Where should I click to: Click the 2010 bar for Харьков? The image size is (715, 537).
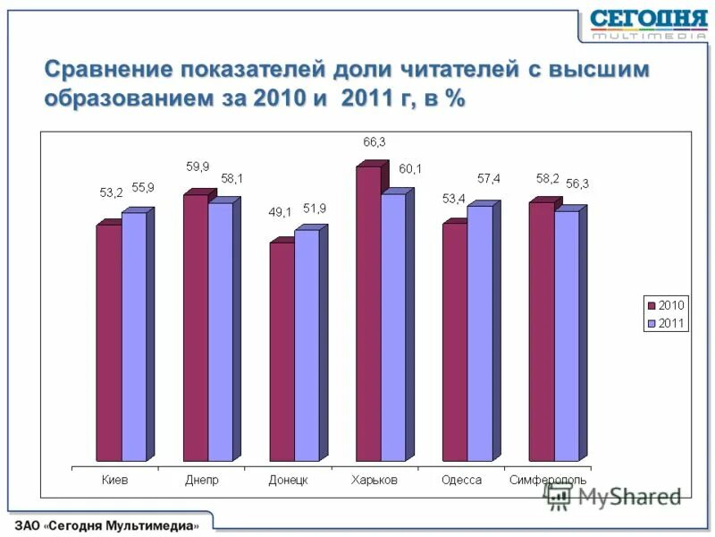coord(368,313)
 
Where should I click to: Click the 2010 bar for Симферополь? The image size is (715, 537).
coord(541,331)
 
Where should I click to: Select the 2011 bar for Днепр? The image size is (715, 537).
coord(220,331)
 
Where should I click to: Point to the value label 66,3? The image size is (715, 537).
coord(374,141)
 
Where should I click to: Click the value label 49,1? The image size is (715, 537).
coord(281,212)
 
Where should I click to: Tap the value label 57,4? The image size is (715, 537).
coord(488,179)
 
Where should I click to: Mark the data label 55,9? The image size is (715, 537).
coord(143,187)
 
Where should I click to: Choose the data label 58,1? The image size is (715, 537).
coord(230,179)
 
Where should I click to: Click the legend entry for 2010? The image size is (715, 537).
coord(666,305)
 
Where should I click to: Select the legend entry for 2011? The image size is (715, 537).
coord(666,323)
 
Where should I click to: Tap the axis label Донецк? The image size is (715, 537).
coord(288,480)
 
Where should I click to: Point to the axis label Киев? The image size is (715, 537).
coord(114,480)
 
